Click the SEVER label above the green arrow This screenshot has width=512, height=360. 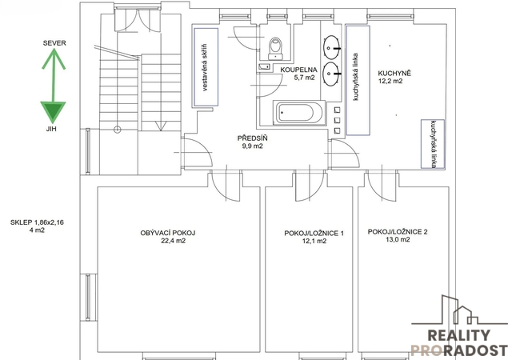(x=54, y=43)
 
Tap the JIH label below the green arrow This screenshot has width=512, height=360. (x=51, y=129)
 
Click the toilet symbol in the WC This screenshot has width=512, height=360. (x=275, y=48)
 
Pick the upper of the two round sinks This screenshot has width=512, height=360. (x=332, y=48)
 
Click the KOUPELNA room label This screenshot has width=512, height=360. (x=298, y=70)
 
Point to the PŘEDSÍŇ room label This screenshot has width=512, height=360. (x=253, y=138)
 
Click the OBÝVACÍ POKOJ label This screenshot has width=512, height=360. (x=168, y=234)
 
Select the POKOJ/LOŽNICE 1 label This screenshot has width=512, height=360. (x=314, y=234)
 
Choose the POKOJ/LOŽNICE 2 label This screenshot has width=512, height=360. (x=398, y=232)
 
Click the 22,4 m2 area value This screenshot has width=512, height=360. (x=173, y=241)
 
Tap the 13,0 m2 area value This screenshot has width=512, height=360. (x=398, y=240)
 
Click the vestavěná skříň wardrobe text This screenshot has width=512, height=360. (x=206, y=67)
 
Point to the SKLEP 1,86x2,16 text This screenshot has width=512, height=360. (x=37, y=222)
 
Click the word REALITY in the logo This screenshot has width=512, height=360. (x=458, y=335)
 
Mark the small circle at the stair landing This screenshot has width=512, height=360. (x=118, y=130)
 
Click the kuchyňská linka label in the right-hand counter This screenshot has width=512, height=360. (x=434, y=144)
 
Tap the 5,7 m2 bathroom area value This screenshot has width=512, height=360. (x=304, y=78)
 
